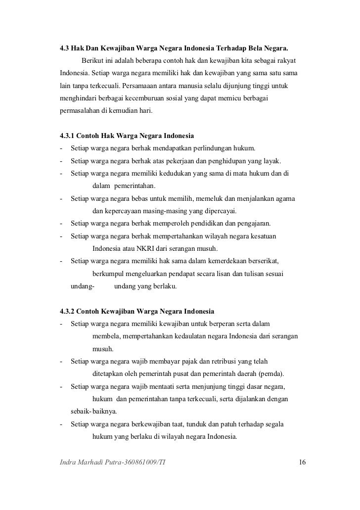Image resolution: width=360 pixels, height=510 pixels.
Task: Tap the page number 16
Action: coord(303,463)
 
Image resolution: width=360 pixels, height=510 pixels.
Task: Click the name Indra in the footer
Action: coord(68,463)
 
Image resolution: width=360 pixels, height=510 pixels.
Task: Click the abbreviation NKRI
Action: coord(151,248)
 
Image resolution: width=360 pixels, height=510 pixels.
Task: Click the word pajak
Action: coord(201,362)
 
